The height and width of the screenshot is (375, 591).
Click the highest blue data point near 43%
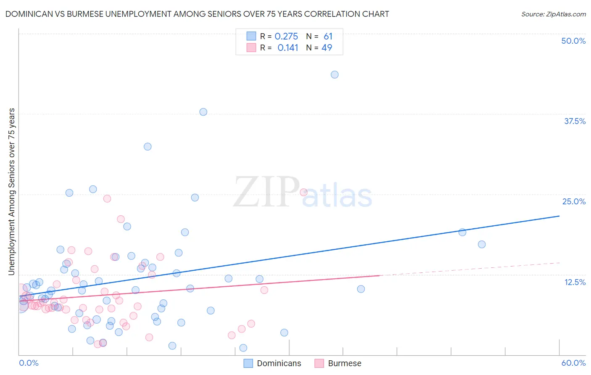(x=335, y=74)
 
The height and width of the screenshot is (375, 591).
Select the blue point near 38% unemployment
(x=203, y=112)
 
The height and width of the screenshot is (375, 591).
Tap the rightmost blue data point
(x=482, y=244)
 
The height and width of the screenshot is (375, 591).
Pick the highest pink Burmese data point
(x=303, y=192)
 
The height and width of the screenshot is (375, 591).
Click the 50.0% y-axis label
(x=573, y=41)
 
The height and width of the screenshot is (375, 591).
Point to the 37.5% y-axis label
(x=575, y=121)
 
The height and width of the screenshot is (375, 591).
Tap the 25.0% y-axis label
(x=574, y=201)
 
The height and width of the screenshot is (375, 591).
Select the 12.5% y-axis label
(x=575, y=282)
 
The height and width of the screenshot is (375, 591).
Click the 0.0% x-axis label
(x=29, y=363)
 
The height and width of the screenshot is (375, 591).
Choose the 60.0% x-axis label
(x=573, y=363)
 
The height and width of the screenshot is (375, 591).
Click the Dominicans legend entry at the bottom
(x=273, y=363)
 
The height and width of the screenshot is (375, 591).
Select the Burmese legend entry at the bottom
(x=338, y=363)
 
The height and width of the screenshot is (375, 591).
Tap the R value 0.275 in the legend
(x=286, y=37)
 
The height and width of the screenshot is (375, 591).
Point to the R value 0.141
(x=288, y=48)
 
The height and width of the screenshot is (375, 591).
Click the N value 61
(x=328, y=37)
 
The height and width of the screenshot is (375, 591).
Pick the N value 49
(x=327, y=48)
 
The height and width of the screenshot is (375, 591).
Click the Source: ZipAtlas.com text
(x=553, y=14)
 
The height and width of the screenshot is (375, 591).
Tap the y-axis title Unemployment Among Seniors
(x=12, y=192)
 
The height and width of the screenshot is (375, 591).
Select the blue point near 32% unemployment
(x=148, y=147)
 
